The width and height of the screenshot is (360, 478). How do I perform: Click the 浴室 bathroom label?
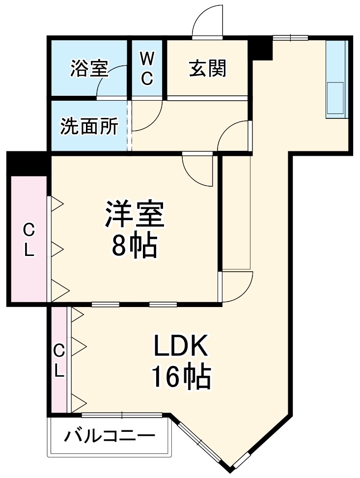coord(89,69)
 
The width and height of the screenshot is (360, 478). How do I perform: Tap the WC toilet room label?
coord(147,69)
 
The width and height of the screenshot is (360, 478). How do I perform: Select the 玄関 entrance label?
coord(208,69)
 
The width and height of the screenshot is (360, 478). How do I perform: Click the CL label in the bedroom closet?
coord(28,239)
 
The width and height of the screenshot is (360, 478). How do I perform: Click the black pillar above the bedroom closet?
coord(28,163)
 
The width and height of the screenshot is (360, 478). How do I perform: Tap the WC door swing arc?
coord(146,115)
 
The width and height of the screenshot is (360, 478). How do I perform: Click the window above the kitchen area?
coord(290,37)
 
